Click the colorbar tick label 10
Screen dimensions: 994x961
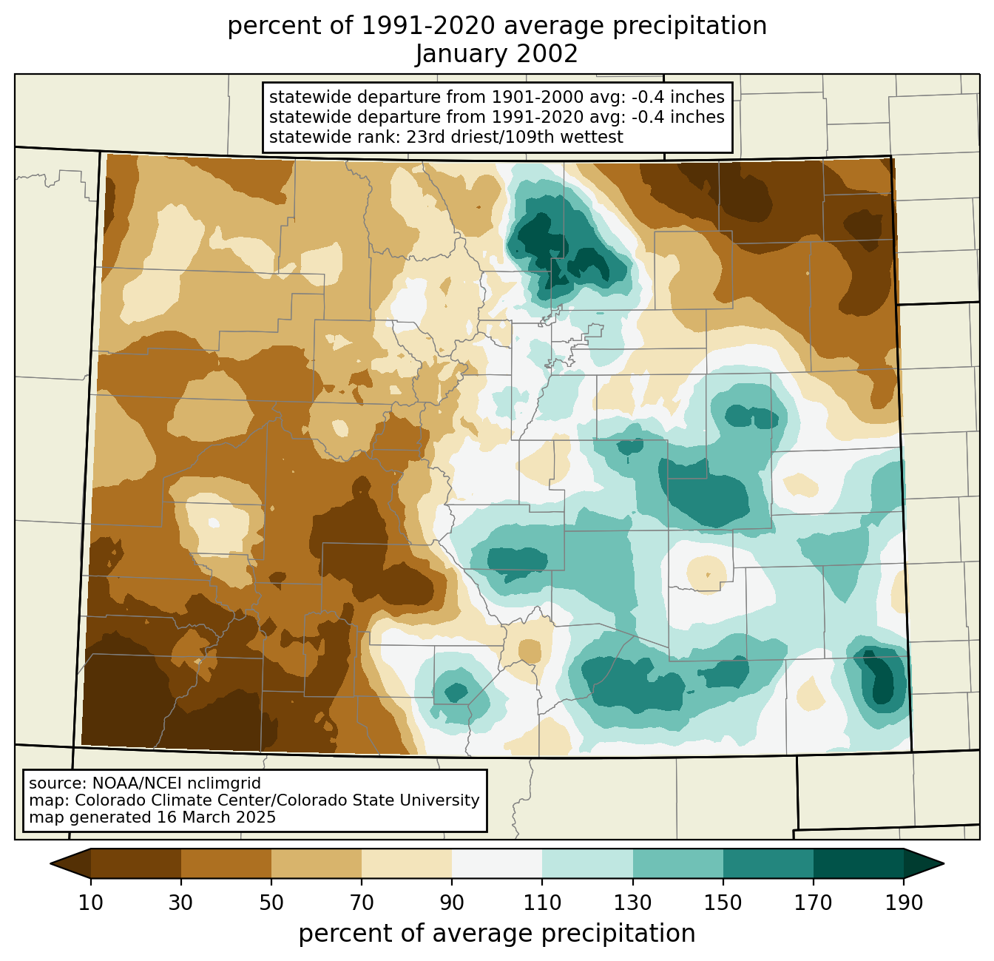point(90,903)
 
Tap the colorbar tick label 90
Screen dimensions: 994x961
point(452,903)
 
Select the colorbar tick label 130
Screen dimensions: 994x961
point(632,903)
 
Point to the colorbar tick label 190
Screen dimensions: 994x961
point(904,903)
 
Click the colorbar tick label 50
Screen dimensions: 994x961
point(271,903)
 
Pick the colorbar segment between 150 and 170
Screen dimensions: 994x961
point(768,863)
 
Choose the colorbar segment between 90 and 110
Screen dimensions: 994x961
point(497,863)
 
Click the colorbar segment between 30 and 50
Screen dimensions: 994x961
point(226,863)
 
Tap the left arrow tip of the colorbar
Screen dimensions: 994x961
point(50,863)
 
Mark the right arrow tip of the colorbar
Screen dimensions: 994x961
point(944,863)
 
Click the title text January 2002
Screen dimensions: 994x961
point(496,54)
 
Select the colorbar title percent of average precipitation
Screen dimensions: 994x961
point(496,933)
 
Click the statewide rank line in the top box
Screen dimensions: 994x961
point(446,137)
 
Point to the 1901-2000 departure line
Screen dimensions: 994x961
point(496,97)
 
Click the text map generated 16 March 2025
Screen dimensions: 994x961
point(152,817)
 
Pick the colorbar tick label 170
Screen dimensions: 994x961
point(814,903)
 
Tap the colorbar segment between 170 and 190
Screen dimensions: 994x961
point(858,863)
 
